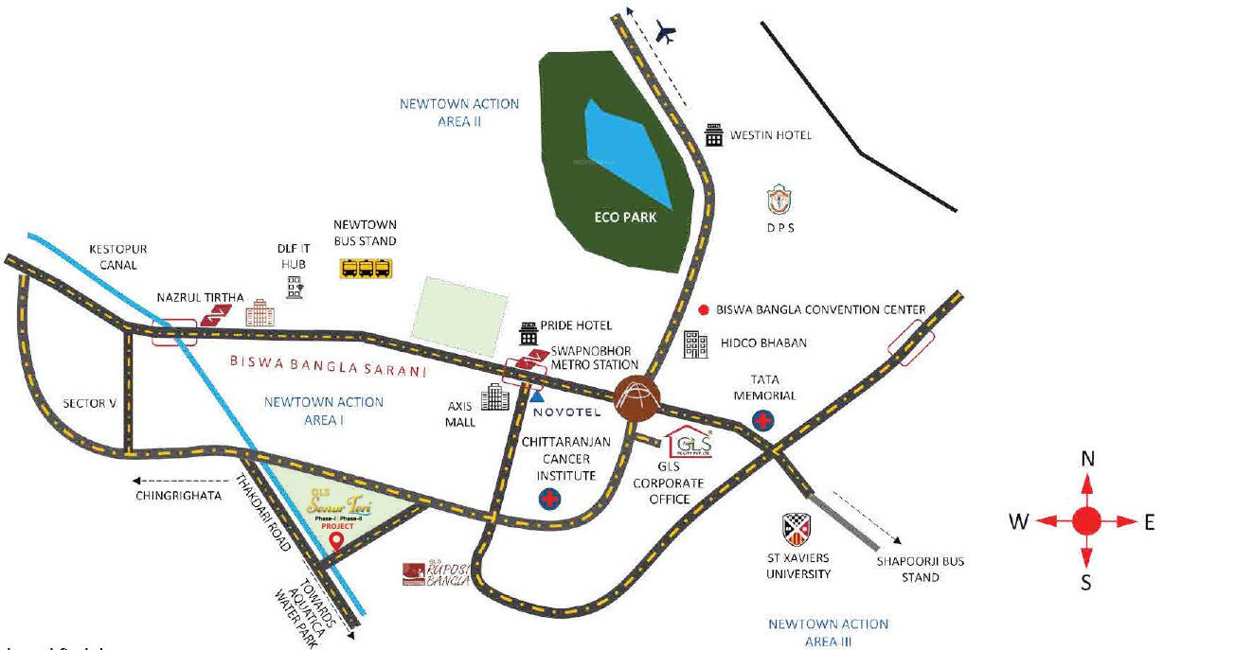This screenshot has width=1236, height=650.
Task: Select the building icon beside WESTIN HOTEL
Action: (714, 135)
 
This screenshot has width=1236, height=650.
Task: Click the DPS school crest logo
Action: (779, 202)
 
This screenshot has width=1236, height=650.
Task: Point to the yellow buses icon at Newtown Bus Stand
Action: (366, 269)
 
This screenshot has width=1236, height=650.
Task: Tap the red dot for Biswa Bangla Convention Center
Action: (704, 309)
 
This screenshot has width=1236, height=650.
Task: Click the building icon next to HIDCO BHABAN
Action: (696, 344)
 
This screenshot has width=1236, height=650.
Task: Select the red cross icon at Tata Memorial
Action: (762, 419)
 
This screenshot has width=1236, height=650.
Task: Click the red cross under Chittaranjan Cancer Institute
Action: (549, 500)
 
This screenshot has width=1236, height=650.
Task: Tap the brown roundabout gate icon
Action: (635, 397)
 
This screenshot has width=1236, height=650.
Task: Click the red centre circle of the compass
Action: (1086, 520)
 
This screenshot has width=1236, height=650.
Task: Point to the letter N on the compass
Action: (1087, 460)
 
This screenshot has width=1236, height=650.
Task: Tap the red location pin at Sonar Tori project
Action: (336, 541)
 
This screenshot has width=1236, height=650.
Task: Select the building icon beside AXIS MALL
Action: (494, 397)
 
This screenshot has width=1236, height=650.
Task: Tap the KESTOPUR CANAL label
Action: (118, 257)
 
